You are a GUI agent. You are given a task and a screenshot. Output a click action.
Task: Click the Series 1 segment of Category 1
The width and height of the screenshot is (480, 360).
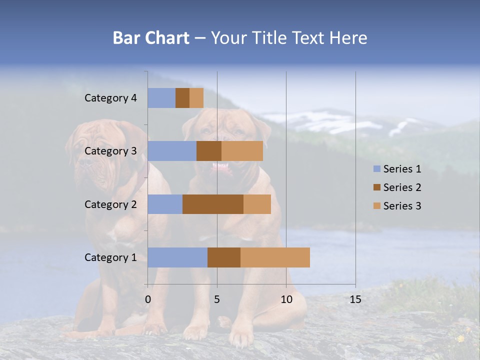point(177,257)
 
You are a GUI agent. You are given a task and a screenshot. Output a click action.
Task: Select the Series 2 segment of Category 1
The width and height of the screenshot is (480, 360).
point(224,257)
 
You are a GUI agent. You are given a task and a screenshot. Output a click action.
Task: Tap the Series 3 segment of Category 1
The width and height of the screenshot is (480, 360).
point(275,257)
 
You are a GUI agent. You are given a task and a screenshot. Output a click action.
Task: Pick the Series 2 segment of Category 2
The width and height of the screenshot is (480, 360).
point(213,204)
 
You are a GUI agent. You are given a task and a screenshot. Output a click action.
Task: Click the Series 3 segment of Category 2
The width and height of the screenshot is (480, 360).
point(257,204)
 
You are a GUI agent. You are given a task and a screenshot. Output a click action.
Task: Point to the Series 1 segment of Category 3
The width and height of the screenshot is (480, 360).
point(172,151)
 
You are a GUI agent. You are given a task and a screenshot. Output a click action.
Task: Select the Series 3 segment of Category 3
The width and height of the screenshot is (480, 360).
point(242,151)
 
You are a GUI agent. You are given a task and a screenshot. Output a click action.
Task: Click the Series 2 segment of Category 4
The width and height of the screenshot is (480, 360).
point(182,98)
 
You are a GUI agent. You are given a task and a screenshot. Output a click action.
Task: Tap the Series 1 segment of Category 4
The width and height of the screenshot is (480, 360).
point(161,98)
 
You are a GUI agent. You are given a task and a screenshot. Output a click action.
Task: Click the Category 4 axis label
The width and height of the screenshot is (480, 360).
point(110,98)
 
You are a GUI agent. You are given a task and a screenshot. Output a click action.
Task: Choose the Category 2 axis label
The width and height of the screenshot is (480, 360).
point(110,204)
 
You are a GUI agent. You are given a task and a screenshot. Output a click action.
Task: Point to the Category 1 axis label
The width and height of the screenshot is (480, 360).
point(110,257)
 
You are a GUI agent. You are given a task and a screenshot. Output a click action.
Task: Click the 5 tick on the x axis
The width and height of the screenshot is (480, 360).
point(217,299)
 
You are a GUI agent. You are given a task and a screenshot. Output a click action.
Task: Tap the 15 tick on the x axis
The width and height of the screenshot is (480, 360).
point(355,299)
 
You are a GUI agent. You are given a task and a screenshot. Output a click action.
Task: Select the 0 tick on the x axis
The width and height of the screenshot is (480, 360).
point(148,299)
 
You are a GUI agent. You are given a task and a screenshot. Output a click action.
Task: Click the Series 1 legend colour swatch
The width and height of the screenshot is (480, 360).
point(376,169)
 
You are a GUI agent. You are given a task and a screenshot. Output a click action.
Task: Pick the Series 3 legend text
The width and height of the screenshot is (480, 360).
point(402,206)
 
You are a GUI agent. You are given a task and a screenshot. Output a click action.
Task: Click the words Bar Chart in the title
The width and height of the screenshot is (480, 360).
point(151,38)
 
